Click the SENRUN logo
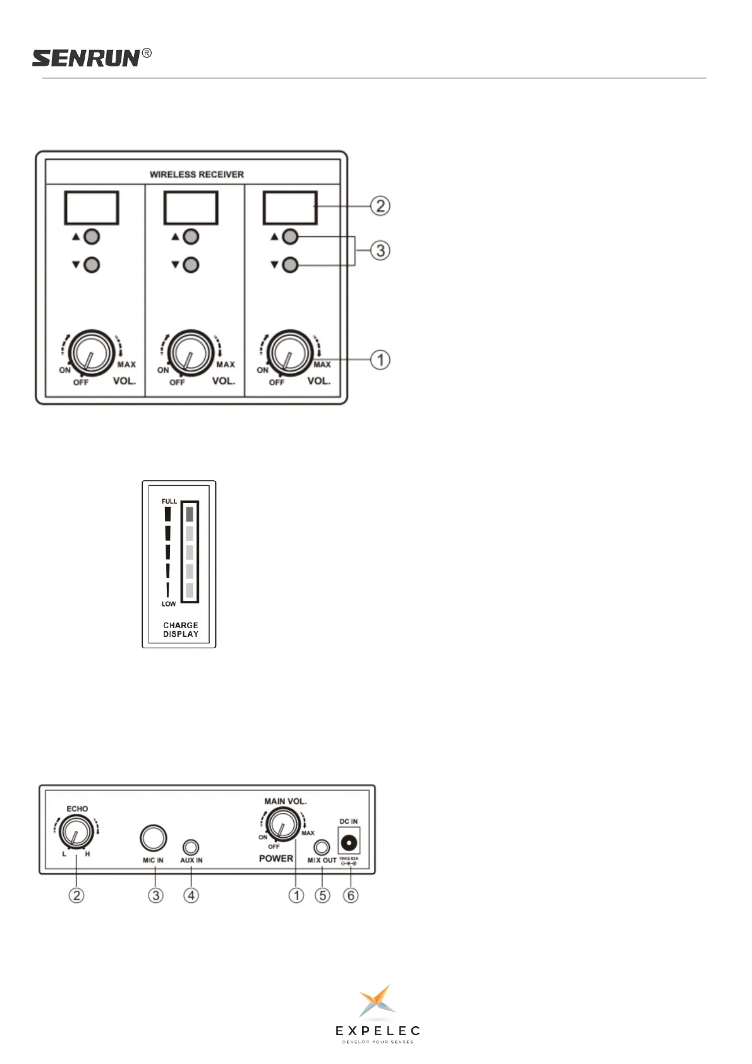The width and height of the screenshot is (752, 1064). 87,58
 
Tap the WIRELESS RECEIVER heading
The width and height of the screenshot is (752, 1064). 197,174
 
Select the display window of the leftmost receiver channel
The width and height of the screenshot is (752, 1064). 92,208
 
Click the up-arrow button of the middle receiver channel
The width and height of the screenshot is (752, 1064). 191,237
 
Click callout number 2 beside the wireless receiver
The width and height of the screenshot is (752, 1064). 380,206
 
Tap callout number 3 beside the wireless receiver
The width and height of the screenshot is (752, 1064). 380,251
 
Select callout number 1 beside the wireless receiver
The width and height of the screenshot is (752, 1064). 380,360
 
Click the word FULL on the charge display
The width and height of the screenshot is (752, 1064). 169,501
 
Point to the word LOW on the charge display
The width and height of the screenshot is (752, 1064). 169,604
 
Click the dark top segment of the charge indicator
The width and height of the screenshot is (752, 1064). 190,514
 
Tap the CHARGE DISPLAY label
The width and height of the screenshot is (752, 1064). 181,629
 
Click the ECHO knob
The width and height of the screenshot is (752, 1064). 76,832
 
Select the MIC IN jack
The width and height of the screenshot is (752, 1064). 153,838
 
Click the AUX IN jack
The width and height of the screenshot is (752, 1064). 190,847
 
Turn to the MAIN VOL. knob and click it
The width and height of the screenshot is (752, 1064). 282,825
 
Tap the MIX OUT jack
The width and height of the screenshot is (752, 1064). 322,847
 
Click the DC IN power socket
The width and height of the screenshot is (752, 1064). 349,842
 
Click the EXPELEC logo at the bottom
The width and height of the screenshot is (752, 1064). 377,1013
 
